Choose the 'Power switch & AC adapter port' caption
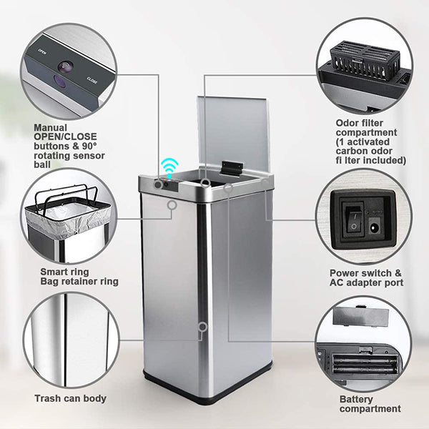pyautogui.click(x=366, y=277)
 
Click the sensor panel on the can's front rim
pyautogui.click(x=167, y=184)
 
